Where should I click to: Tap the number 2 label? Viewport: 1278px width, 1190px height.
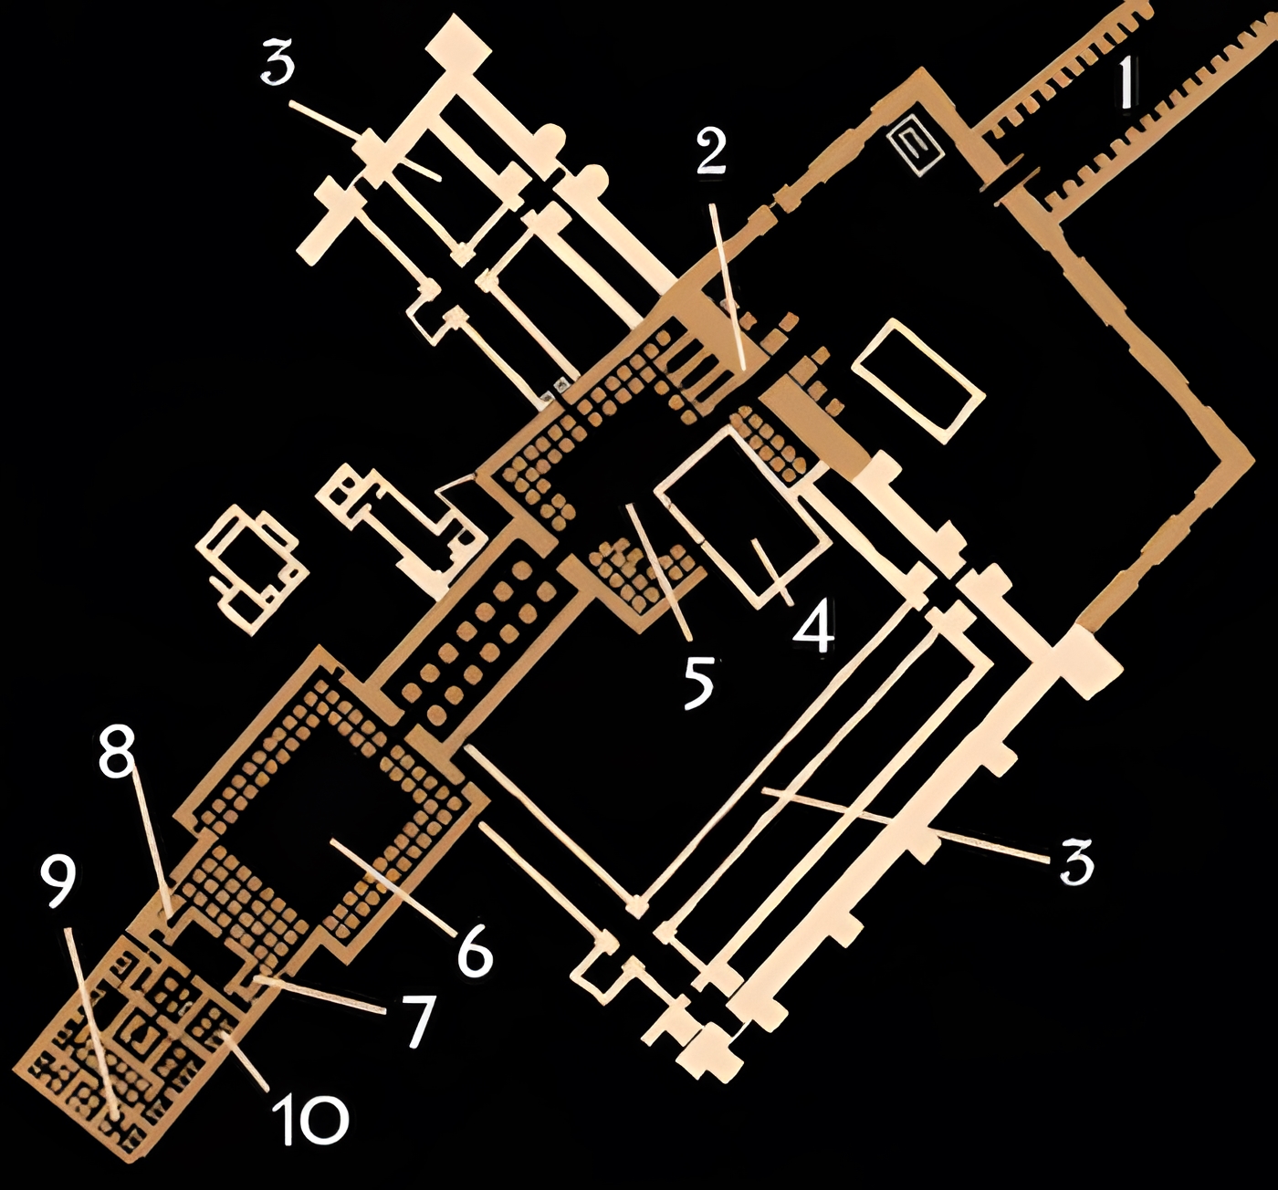[711, 152]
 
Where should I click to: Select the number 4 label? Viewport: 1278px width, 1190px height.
[813, 625]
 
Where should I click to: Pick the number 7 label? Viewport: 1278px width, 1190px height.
[419, 1019]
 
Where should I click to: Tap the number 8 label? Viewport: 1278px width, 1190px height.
[118, 754]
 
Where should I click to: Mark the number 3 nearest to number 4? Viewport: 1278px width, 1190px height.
[1077, 861]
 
